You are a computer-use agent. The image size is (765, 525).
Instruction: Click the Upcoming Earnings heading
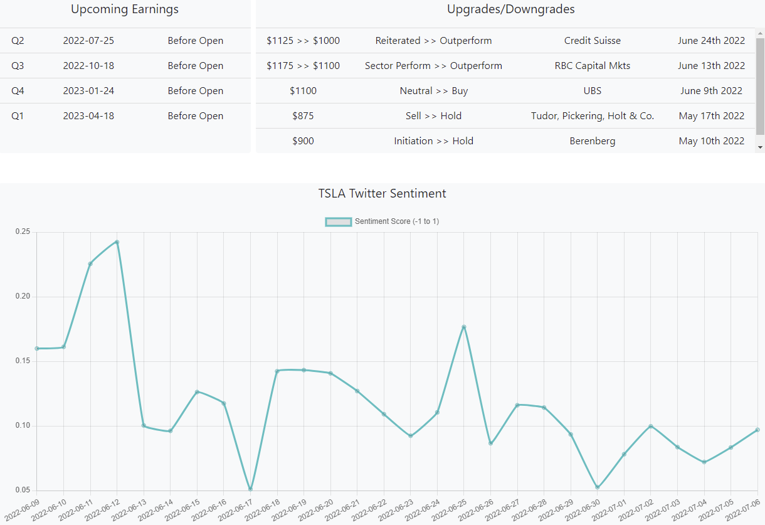click(125, 9)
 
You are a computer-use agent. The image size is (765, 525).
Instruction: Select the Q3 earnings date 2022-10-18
click(88, 66)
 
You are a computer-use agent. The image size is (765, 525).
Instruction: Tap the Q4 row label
click(18, 91)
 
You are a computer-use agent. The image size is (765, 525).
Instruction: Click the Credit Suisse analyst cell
click(592, 41)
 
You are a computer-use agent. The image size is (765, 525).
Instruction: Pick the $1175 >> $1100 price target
click(303, 66)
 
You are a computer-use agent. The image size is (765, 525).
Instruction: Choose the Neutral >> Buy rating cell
click(433, 91)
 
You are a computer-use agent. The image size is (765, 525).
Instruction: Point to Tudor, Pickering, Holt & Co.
click(592, 116)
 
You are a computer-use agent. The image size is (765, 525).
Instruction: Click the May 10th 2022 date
click(711, 141)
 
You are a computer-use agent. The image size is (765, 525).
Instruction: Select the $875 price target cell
click(303, 116)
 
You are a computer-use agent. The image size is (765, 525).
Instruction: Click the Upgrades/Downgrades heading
click(510, 9)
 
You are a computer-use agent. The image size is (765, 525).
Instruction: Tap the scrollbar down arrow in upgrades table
click(760, 147)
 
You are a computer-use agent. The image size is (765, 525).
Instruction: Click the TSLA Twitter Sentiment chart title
click(382, 193)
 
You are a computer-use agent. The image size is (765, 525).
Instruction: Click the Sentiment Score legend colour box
click(338, 221)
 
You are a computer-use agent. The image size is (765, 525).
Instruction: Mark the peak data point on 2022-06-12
click(117, 242)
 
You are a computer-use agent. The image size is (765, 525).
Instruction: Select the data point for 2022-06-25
click(464, 327)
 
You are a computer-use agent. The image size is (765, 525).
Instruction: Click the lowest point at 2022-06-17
click(250, 489)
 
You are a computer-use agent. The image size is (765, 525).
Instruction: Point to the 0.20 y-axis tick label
click(23, 297)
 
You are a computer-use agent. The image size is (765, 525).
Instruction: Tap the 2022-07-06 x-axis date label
click(744, 510)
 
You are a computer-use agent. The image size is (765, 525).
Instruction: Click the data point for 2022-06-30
click(598, 487)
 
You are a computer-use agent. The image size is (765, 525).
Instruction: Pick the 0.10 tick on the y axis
click(23, 426)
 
